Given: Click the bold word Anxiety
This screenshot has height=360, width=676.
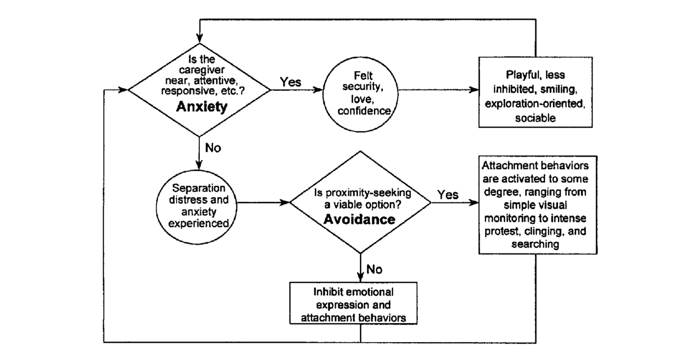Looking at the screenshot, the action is [202, 107].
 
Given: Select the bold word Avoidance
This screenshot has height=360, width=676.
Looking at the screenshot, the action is [359, 220].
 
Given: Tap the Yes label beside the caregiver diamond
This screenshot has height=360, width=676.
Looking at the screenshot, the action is [290, 82].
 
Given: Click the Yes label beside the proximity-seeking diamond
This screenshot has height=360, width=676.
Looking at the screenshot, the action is [448, 195].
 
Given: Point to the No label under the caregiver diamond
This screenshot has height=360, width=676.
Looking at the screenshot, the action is [213, 148].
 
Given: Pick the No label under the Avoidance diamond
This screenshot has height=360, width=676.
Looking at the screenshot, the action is [374, 269].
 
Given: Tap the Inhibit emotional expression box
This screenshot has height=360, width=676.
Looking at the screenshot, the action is [353, 303].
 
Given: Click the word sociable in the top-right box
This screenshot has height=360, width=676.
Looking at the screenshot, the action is [535, 118].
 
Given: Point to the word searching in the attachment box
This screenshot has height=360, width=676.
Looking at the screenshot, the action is [535, 244].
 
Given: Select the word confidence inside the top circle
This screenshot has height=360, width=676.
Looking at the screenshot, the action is [364, 111].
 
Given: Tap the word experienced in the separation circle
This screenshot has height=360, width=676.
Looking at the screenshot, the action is [199, 223].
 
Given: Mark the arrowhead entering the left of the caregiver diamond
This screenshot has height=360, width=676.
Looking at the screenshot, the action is [123, 90].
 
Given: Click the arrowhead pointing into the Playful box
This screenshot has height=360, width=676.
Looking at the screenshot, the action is [473, 90].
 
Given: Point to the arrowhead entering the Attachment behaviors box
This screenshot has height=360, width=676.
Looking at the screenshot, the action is [473, 203].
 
